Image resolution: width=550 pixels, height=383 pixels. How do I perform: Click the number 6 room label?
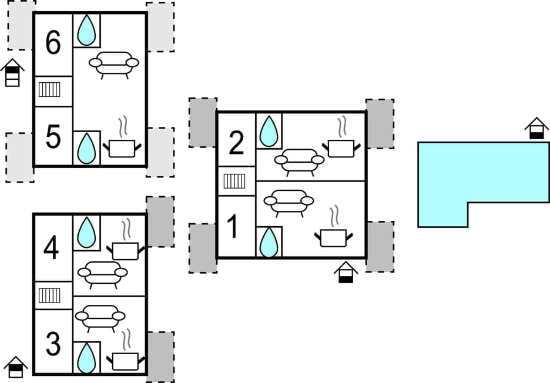(x=53, y=44)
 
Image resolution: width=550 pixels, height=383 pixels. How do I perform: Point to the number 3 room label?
(x=53, y=345)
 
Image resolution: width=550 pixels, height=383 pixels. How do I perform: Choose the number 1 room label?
(x=233, y=227)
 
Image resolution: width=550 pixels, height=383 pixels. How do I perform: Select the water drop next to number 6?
(x=86, y=30)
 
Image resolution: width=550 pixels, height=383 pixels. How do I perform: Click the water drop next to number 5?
(x=86, y=148)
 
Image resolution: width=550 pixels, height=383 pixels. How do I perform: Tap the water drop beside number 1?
(x=269, y=242)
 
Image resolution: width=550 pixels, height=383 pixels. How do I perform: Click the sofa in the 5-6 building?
(x=114, y=63)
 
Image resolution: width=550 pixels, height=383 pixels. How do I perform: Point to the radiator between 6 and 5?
(x=50, y=90)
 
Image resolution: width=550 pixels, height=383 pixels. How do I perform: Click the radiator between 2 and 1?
(x=234, y=180)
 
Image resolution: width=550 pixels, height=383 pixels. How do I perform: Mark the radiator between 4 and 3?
(x=50, y=295)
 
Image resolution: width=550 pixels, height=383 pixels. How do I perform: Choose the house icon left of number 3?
(x=16, y=367)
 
